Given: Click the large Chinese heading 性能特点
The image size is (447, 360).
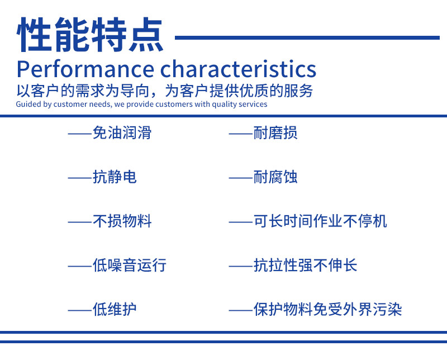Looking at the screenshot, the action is [90, 35].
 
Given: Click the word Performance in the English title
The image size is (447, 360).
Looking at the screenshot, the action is [85, 69].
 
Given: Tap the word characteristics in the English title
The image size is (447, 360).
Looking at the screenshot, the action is [239, 69].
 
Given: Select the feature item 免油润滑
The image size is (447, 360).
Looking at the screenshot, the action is [122, 133].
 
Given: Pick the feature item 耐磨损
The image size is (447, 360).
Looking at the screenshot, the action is [275, 133].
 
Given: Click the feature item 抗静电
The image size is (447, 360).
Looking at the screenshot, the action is [115, 177].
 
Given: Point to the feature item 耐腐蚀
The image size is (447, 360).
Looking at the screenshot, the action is [275, 177].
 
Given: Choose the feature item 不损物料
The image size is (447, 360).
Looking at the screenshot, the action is [122, 221].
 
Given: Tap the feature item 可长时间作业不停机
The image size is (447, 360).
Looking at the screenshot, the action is [320, 221].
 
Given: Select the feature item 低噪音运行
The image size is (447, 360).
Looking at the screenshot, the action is [130, 265].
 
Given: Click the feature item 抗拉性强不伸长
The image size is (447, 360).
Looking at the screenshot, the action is [305, 265].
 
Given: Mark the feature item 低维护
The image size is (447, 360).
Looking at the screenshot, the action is [115, 309].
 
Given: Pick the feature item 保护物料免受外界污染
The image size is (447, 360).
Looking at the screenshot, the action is [327, 309].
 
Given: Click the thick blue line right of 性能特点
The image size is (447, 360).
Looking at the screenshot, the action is [307, 37].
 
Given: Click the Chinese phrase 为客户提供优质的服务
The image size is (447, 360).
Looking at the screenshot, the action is [239, 91].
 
